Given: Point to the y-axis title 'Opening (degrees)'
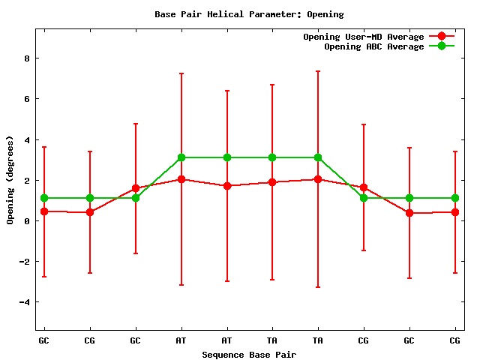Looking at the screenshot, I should [x=10, y=180].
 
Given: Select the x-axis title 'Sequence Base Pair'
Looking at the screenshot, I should [x=249, y=354].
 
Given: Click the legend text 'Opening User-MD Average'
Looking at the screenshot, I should [x=364, y=37].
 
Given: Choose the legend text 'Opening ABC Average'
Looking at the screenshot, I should [x=374, y=46].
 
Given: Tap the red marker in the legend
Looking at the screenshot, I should [x=442, y=37].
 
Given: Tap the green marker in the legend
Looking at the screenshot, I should [x=442, y=46].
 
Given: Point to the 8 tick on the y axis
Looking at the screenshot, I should [x=27, y=58].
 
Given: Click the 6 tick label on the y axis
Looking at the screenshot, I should [x=27, y=99].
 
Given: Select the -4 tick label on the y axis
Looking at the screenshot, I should [x=25, y=302].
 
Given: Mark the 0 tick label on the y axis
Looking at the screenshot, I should [x=27, y=221].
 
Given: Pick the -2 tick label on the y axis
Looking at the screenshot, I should [x=25, y=262].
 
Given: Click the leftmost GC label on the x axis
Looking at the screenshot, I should [x=44, y=340].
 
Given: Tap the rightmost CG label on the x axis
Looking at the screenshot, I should [x=455, y=340].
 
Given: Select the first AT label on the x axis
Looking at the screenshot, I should [x=181, y=340].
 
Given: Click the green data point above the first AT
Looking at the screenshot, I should [x=181, y=157].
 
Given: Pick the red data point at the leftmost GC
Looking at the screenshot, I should [x=44, y=211].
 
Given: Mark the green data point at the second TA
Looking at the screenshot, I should [x=318, y=157].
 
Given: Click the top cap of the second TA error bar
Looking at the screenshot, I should [x=318, y=71].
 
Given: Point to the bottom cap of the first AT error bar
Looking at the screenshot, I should [x=181, y=285].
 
